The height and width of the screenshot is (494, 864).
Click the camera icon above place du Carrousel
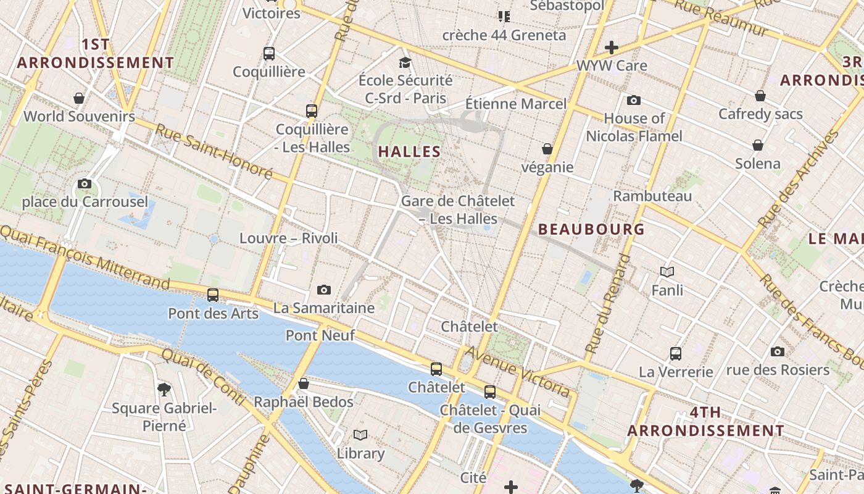point(85,183)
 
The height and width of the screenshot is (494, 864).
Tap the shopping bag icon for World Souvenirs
point(79,98)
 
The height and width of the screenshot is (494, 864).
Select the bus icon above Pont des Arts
point(213,295)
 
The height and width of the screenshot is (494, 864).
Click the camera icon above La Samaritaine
point(323,290)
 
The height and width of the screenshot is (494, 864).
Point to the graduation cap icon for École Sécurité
point(405,62)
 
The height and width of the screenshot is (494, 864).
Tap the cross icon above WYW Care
point(612,47)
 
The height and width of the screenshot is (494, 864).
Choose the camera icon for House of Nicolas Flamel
point(633,100)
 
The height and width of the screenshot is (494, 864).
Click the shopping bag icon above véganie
point(547,149)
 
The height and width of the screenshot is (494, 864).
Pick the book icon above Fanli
point(667,271)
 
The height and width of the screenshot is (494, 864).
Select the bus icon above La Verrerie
point(676,354)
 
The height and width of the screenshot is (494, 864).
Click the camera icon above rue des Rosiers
point(778,351)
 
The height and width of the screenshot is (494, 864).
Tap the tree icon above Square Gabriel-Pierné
point(164,389)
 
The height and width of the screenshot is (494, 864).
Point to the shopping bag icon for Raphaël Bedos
point(303,383)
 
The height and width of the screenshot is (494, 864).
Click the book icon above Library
point(360,435)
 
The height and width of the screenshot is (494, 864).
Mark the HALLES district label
point(410,151)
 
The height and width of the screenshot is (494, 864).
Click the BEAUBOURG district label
point(591,229)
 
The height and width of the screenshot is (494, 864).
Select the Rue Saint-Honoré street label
point(214,151)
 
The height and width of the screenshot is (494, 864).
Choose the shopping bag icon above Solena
point(757,145)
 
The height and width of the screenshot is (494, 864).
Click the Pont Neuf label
point(320,335)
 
